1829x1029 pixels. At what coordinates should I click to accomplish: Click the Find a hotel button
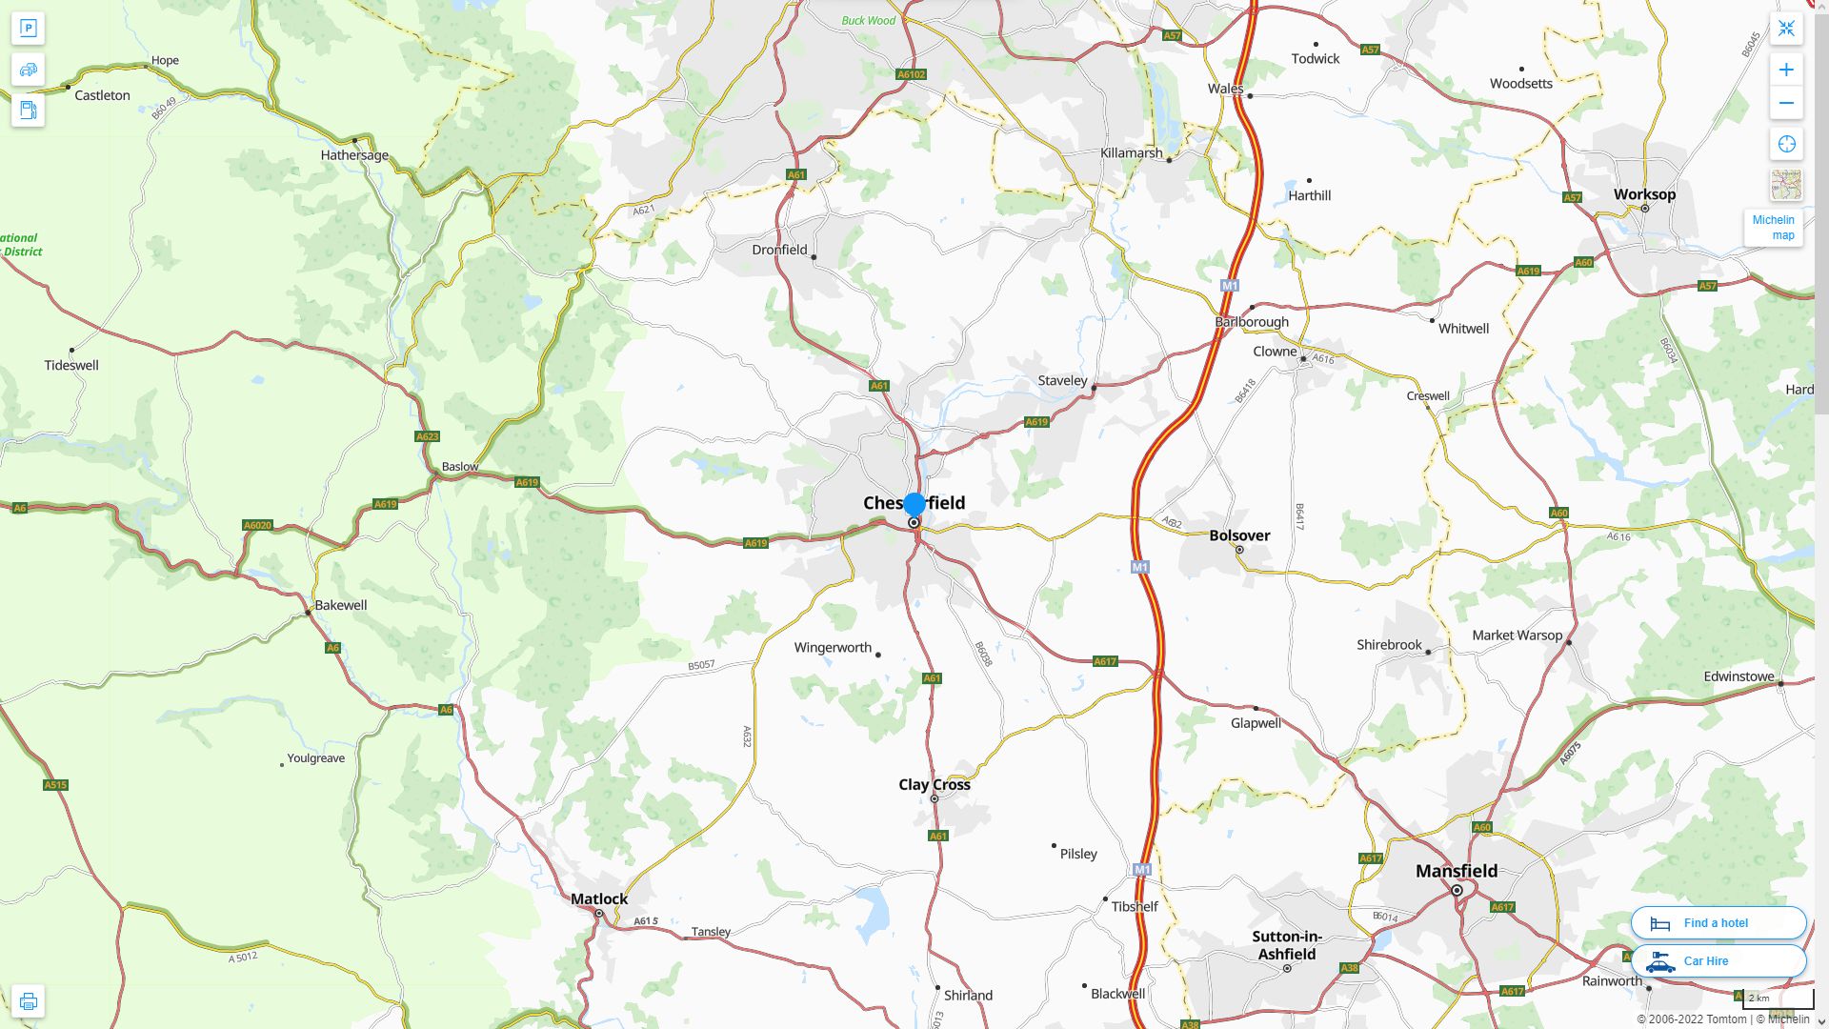1718,922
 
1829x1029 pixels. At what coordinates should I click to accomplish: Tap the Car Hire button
1718,960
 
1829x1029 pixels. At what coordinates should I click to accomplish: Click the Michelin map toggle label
1773,228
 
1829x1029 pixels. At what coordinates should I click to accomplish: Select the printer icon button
28,1001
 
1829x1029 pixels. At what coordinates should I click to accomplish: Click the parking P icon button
28,29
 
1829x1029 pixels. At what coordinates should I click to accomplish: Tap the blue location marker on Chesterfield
914,504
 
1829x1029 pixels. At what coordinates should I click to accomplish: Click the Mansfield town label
1456,871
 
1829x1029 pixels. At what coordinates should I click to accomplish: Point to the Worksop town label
1644,194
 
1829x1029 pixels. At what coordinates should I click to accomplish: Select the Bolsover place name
1239,535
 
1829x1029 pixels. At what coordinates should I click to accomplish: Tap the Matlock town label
599,898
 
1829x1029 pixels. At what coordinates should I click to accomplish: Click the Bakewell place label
341,605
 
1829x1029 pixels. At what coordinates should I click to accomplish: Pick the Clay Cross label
935,784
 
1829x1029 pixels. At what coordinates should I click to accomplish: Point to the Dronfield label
779,250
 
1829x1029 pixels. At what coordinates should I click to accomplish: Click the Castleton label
102,95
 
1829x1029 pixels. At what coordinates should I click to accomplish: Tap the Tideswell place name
71,365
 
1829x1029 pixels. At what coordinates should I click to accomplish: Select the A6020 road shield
257,525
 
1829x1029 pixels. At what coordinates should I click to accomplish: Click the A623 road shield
428,436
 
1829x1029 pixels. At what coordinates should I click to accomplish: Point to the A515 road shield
55,785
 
